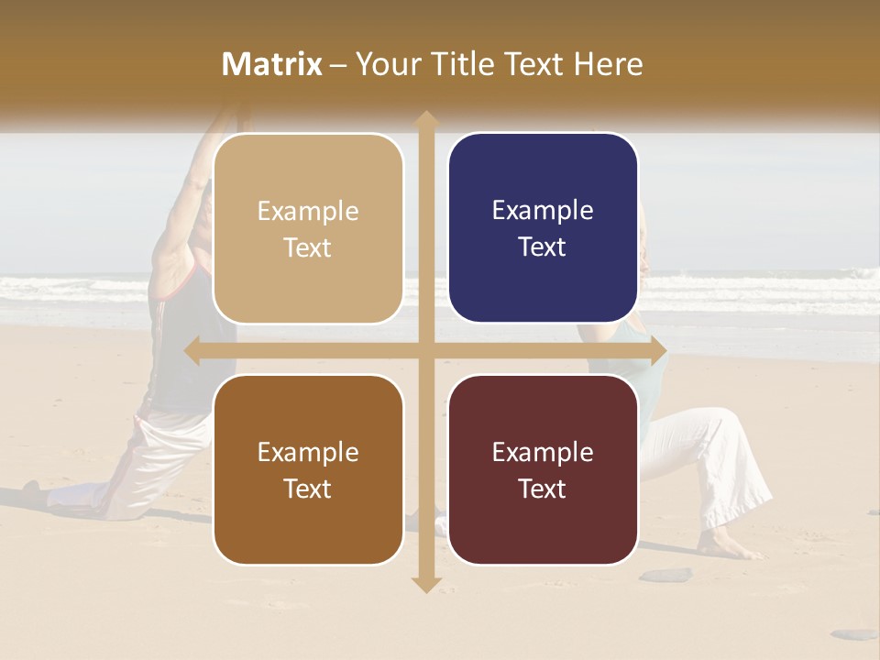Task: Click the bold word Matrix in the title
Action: (272, 64)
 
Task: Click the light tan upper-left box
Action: (308, 228)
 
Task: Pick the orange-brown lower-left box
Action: (308, 469)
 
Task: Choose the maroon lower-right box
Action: (543, 469)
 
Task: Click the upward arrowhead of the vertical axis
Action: (425, 119)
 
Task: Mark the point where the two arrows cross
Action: (425, 350)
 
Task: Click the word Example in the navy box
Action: (543, 211)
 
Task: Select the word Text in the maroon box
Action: (543, 489)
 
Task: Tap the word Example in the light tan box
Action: (308, 212)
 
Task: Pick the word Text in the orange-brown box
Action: (308, 489)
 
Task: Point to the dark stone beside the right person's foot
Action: (666, 575)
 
